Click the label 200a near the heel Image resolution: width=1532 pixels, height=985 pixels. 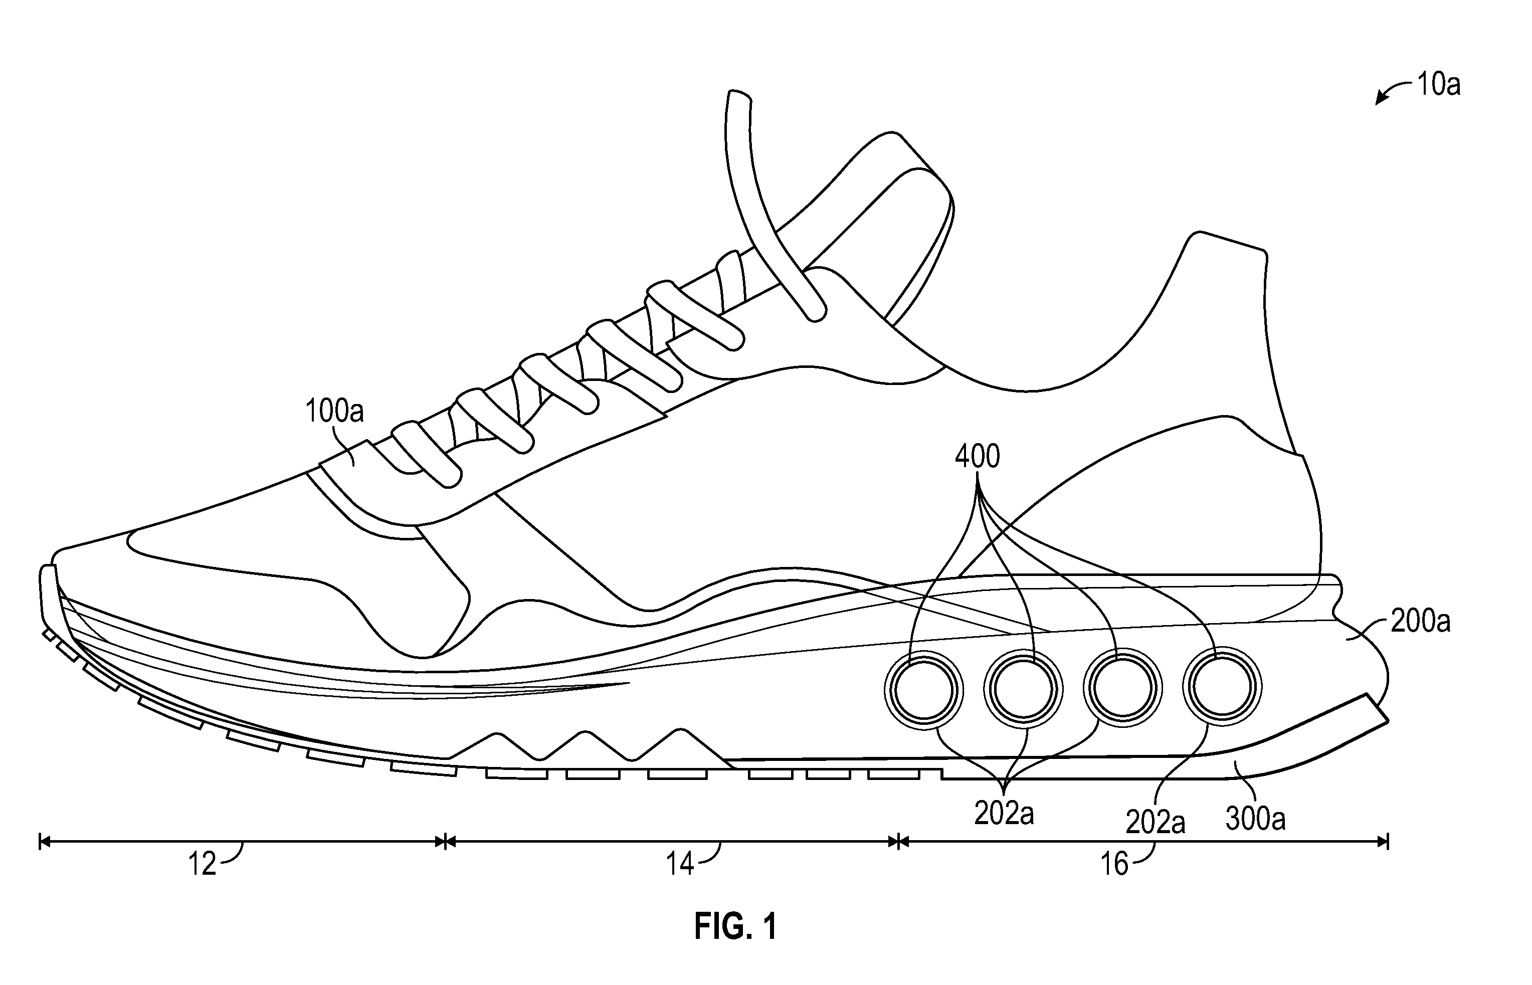point(1421,621)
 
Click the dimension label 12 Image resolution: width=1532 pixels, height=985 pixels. point(202,864)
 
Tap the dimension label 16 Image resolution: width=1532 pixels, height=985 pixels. point(1114,864)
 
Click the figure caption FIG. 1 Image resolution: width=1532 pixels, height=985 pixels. point(735,926)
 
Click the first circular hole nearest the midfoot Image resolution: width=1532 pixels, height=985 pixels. point(924,690)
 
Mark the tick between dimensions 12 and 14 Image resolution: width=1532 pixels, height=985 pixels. point(445,841)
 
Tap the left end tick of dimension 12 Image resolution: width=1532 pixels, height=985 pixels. point(40,841)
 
